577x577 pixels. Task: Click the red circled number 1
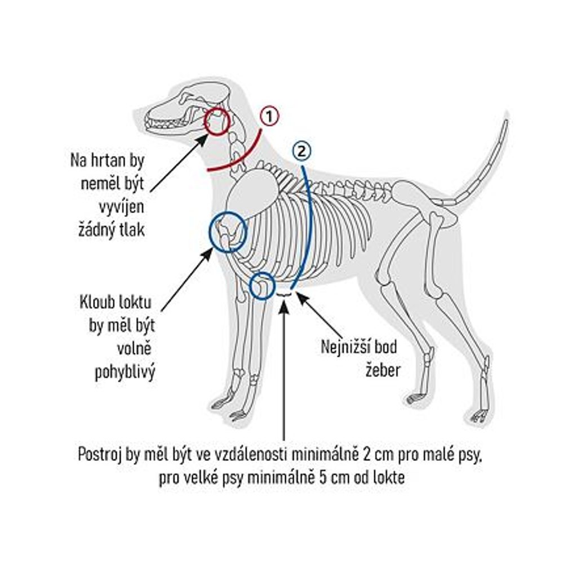coord(270,117)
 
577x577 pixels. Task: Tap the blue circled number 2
coord(301,151)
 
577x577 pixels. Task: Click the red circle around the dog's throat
coord(217,122)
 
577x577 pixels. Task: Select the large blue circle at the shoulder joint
coord(228,231)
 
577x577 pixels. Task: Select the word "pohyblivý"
coord(125,372)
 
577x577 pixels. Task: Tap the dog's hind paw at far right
coord(480,416)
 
